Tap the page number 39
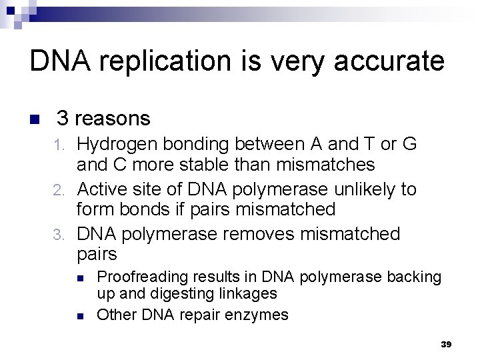[447, 344]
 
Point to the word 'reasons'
[113, 119]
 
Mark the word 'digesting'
[177, 293]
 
